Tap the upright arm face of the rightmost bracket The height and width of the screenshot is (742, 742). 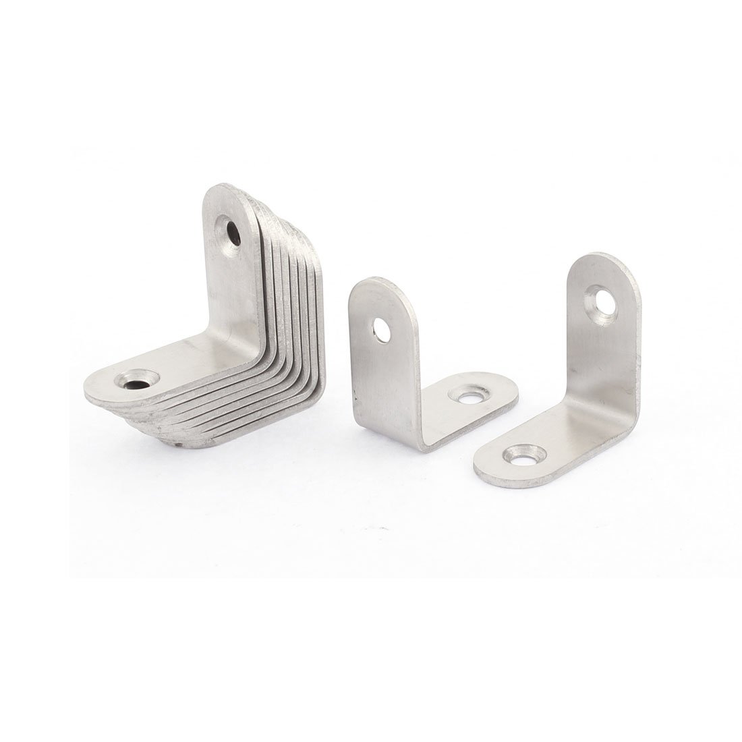point(597,358)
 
